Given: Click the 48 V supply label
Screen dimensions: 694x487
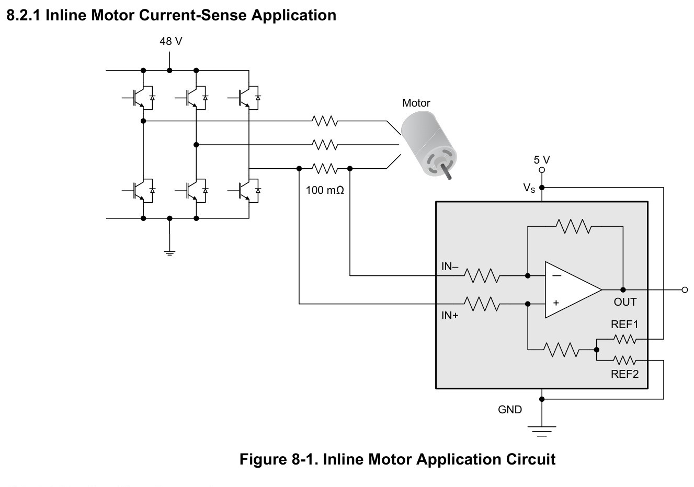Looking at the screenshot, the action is (x=170, y=41).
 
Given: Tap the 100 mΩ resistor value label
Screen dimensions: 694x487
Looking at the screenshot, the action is (x=325, y=190).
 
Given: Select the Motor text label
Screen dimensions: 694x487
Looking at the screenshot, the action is (x=416, y=103).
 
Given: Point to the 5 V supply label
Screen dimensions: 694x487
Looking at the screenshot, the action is (x=542, y=160).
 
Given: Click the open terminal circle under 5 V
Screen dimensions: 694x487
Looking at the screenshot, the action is (x=542, y=170).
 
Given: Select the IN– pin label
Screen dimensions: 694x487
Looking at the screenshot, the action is (x=450, y=266).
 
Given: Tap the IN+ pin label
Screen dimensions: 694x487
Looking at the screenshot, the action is (x=450, y=316).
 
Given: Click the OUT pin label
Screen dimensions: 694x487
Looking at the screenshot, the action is (x=625, y=302).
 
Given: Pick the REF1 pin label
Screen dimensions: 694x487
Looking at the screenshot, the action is (x=624, y=324).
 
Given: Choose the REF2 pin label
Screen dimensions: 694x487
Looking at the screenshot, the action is (x=624, y=374).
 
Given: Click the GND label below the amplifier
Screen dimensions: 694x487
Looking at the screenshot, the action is (x=510, y=410).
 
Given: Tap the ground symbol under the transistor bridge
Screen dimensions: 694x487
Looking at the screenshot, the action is (x=169, y=253).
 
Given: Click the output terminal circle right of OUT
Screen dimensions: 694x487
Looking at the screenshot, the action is (x=685, y=290).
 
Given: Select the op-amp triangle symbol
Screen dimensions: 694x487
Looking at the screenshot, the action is (x=573, y=290).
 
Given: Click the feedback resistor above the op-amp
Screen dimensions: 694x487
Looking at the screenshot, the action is (x=574, y=226).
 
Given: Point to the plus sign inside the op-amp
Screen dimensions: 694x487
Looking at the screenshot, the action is (x=556, y=303).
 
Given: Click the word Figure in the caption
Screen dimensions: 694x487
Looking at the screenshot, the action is (x=263, y=459).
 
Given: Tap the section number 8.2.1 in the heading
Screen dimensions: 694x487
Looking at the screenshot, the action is (x=24, y=15).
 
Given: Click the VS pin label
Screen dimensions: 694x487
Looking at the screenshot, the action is (x=529, y=188).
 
